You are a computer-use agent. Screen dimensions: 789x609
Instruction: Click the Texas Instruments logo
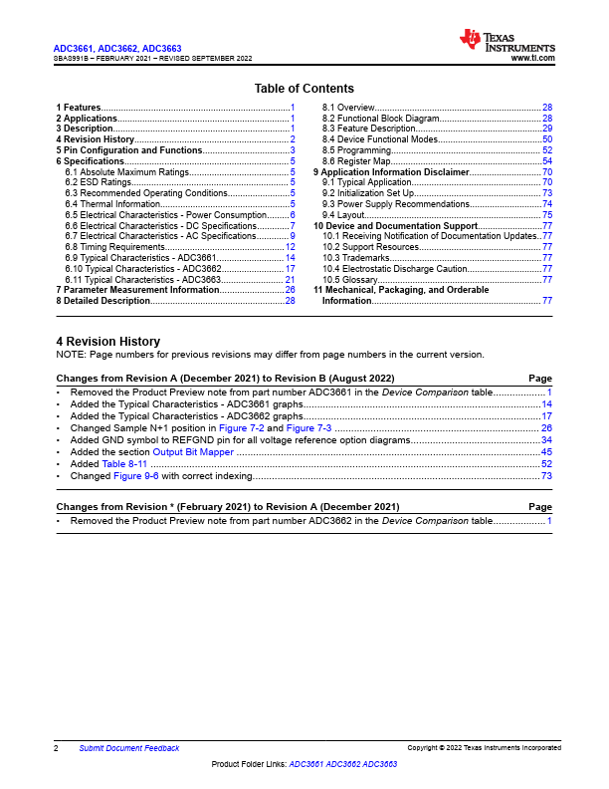pos(507,41)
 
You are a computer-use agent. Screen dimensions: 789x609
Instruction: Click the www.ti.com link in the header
pos(532,59)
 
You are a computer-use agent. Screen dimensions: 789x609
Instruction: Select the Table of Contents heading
pos(304,89)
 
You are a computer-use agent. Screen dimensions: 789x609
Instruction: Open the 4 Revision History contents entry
pos(96,139)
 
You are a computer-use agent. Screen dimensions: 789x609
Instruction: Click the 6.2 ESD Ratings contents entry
pos(99,182)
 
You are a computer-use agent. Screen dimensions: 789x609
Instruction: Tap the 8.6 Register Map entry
pos(354,161)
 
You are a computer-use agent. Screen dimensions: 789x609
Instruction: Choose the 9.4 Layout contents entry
pos(343,215)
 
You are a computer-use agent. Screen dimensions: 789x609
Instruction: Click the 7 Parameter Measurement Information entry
pos(139,290)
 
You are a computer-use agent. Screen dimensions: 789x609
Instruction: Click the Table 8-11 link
pos(124,463)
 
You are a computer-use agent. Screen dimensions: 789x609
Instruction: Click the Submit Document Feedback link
pos(129,748)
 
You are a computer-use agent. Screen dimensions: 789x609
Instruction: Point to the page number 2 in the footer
pos(56,748)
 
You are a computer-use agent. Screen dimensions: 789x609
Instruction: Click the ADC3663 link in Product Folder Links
pos(380,763)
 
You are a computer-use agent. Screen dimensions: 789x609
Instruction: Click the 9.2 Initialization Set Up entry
pos(368,193)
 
